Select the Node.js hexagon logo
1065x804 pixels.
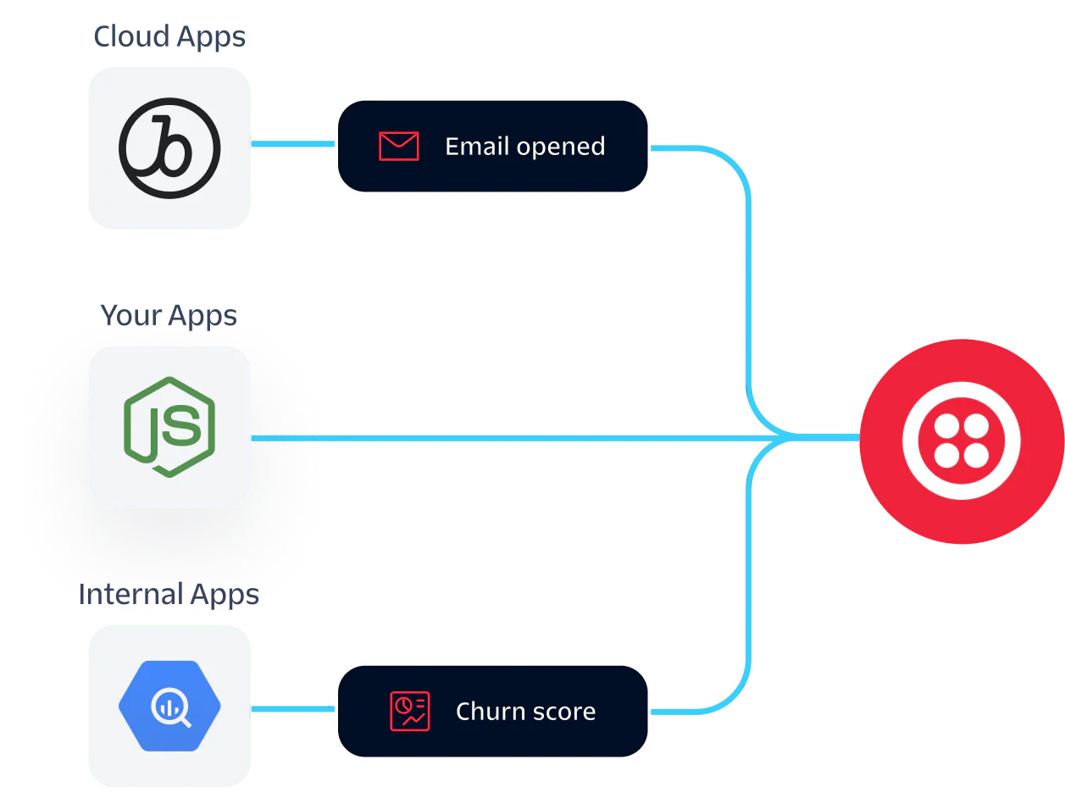pyautogui.click(x=169, y=426)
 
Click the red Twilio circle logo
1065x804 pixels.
pyautogui.click(x=961, y=441)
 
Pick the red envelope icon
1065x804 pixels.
pyautogui.click(x=398, y=147)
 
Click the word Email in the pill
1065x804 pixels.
pyautogui.click(x=476, y=147)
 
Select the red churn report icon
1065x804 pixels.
pyautogui.click(x=409, y=711)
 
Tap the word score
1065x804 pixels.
pyautogui.click(x=564, y=712)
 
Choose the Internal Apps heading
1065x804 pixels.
pyautogui.click(x=169, y=592)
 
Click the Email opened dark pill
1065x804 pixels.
pyautogui.click(x=492, y=147)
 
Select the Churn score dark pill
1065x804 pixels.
pyautogui.click(x=492, y=711)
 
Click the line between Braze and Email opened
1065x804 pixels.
pyautogui.click(x=293, y=144)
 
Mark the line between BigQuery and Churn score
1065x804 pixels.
pyautogui.click(x=293, y=709)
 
